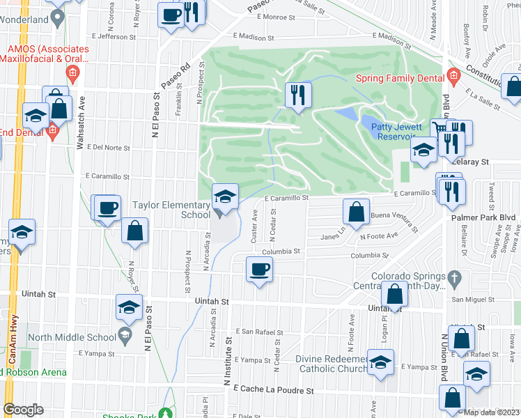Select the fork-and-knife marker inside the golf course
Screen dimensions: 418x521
click(298, 96)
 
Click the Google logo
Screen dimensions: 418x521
click(23, 410)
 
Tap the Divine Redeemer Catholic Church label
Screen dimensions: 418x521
click(332, 364)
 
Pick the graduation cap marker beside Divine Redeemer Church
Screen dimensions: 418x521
click(380, 363)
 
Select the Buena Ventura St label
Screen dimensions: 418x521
click(394, 222)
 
